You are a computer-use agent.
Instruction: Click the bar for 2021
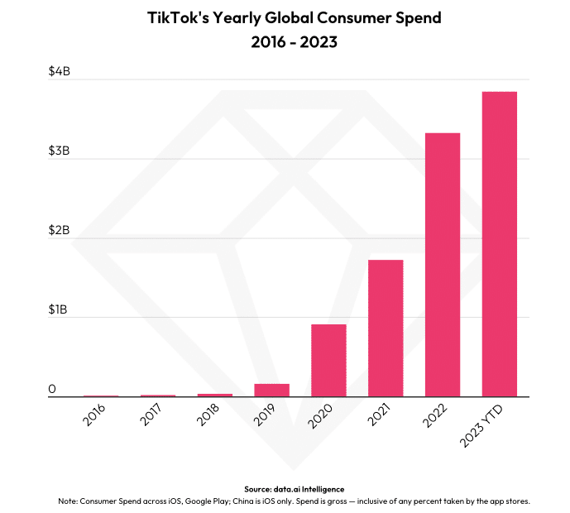coord(386,328)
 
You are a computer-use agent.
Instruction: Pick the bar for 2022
coord(443,265)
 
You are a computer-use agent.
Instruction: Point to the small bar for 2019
coord(271,390)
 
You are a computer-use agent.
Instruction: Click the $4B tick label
coord(60,72)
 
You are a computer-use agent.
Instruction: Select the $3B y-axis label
coord(60,151)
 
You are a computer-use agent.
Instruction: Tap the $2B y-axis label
coord(60,230)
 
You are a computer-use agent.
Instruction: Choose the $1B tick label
coord(60,309)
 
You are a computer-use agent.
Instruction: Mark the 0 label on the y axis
coord(52,389)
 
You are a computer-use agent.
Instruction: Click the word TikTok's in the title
coord(183,17)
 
